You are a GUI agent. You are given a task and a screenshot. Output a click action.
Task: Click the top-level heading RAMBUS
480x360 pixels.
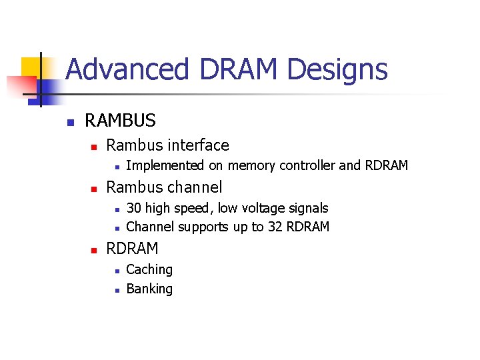click(120, 121)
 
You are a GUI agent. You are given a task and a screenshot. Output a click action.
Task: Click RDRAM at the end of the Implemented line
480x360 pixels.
click(386, 165)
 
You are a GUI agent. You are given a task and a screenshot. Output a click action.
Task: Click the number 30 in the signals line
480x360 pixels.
click(134, 208)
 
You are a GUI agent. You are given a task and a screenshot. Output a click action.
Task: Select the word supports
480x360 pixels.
click(200, 227)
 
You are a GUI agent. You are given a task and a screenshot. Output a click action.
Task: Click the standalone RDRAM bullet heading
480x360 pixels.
click(132, 249)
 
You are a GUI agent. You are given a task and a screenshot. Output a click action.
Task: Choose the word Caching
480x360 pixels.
click(149, 269)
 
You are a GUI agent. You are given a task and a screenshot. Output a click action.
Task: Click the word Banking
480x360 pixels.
click(149, 289)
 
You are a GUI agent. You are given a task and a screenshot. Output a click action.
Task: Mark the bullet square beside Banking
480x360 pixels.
click(117, 290)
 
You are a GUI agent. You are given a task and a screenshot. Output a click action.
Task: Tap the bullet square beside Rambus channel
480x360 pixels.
click(94, 189)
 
